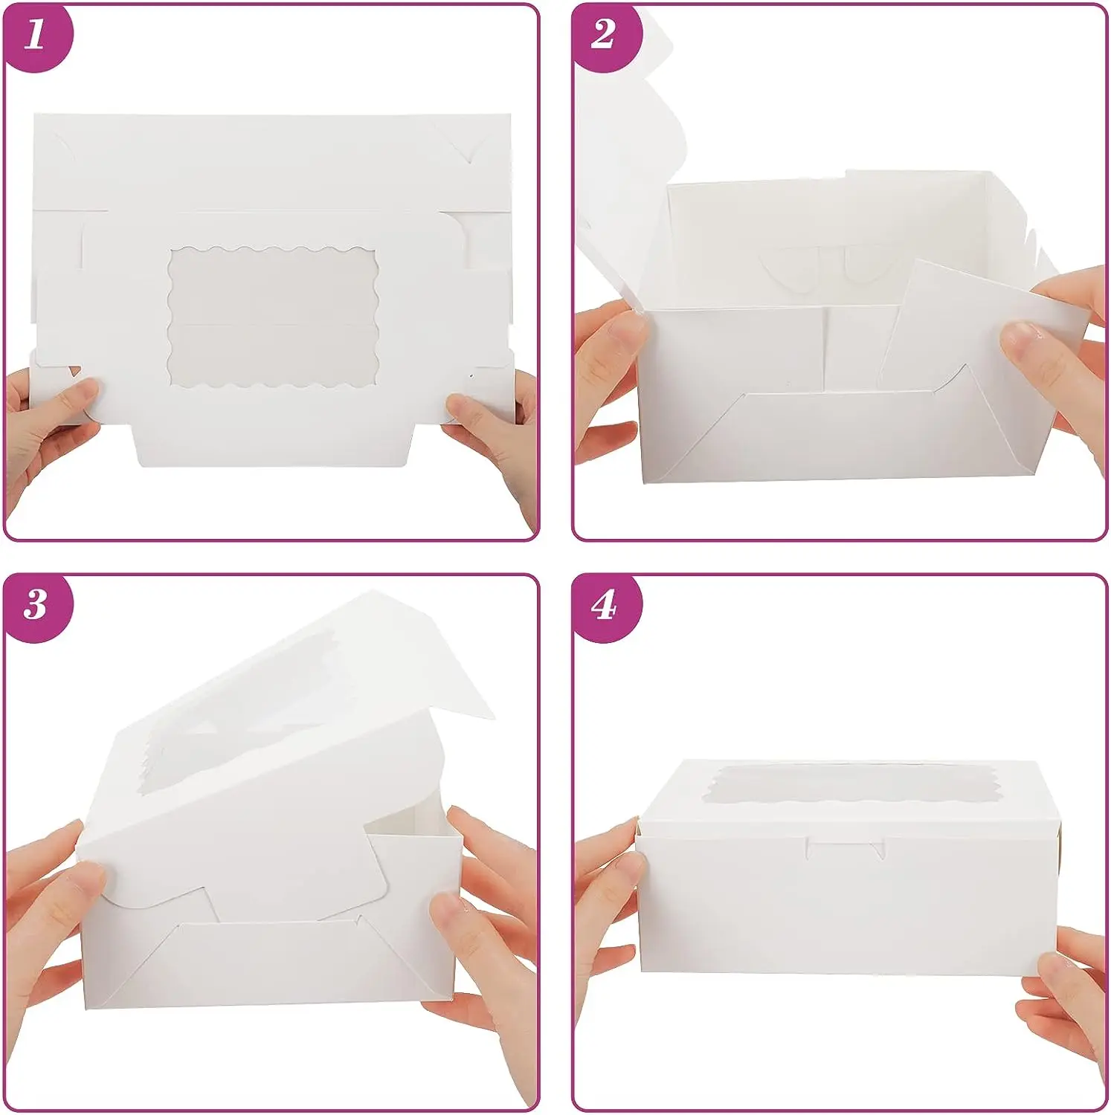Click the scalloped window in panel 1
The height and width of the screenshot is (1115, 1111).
click(x=273, y=317)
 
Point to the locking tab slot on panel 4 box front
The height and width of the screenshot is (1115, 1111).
click(x=846, y=848)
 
